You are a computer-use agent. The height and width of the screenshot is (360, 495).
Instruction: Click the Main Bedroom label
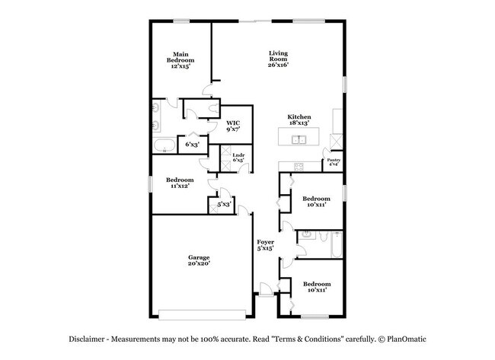pyautogui.click(x=180, y=60)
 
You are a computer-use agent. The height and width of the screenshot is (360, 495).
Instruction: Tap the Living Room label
pyautogui.click(x=277, y=59)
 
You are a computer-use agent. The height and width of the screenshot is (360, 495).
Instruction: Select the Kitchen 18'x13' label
pyautogui.click(x=298, y=119)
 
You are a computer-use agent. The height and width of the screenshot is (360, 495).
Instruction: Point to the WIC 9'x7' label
pyautogui.click(x=234, y=125)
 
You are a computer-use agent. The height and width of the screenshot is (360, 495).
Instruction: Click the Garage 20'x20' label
pyautogui.click(x=199, y=260)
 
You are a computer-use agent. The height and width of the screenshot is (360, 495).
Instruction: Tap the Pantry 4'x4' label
pyautogui.click(x=333, y=162)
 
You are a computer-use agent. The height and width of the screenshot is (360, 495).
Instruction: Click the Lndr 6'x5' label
pyautogui.click(x=238, y=158)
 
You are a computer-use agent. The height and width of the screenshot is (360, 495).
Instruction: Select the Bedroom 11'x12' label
pyautogui.click(x=179, y=183)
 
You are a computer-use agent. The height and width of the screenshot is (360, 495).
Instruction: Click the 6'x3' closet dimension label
pyautogui.click(x=192, y=143)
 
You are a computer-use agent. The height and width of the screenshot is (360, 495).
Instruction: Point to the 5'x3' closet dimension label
pyautogui.click(x=223, y=204)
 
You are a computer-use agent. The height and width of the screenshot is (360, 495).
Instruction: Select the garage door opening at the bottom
pyautogui.click(x=203, y=313)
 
